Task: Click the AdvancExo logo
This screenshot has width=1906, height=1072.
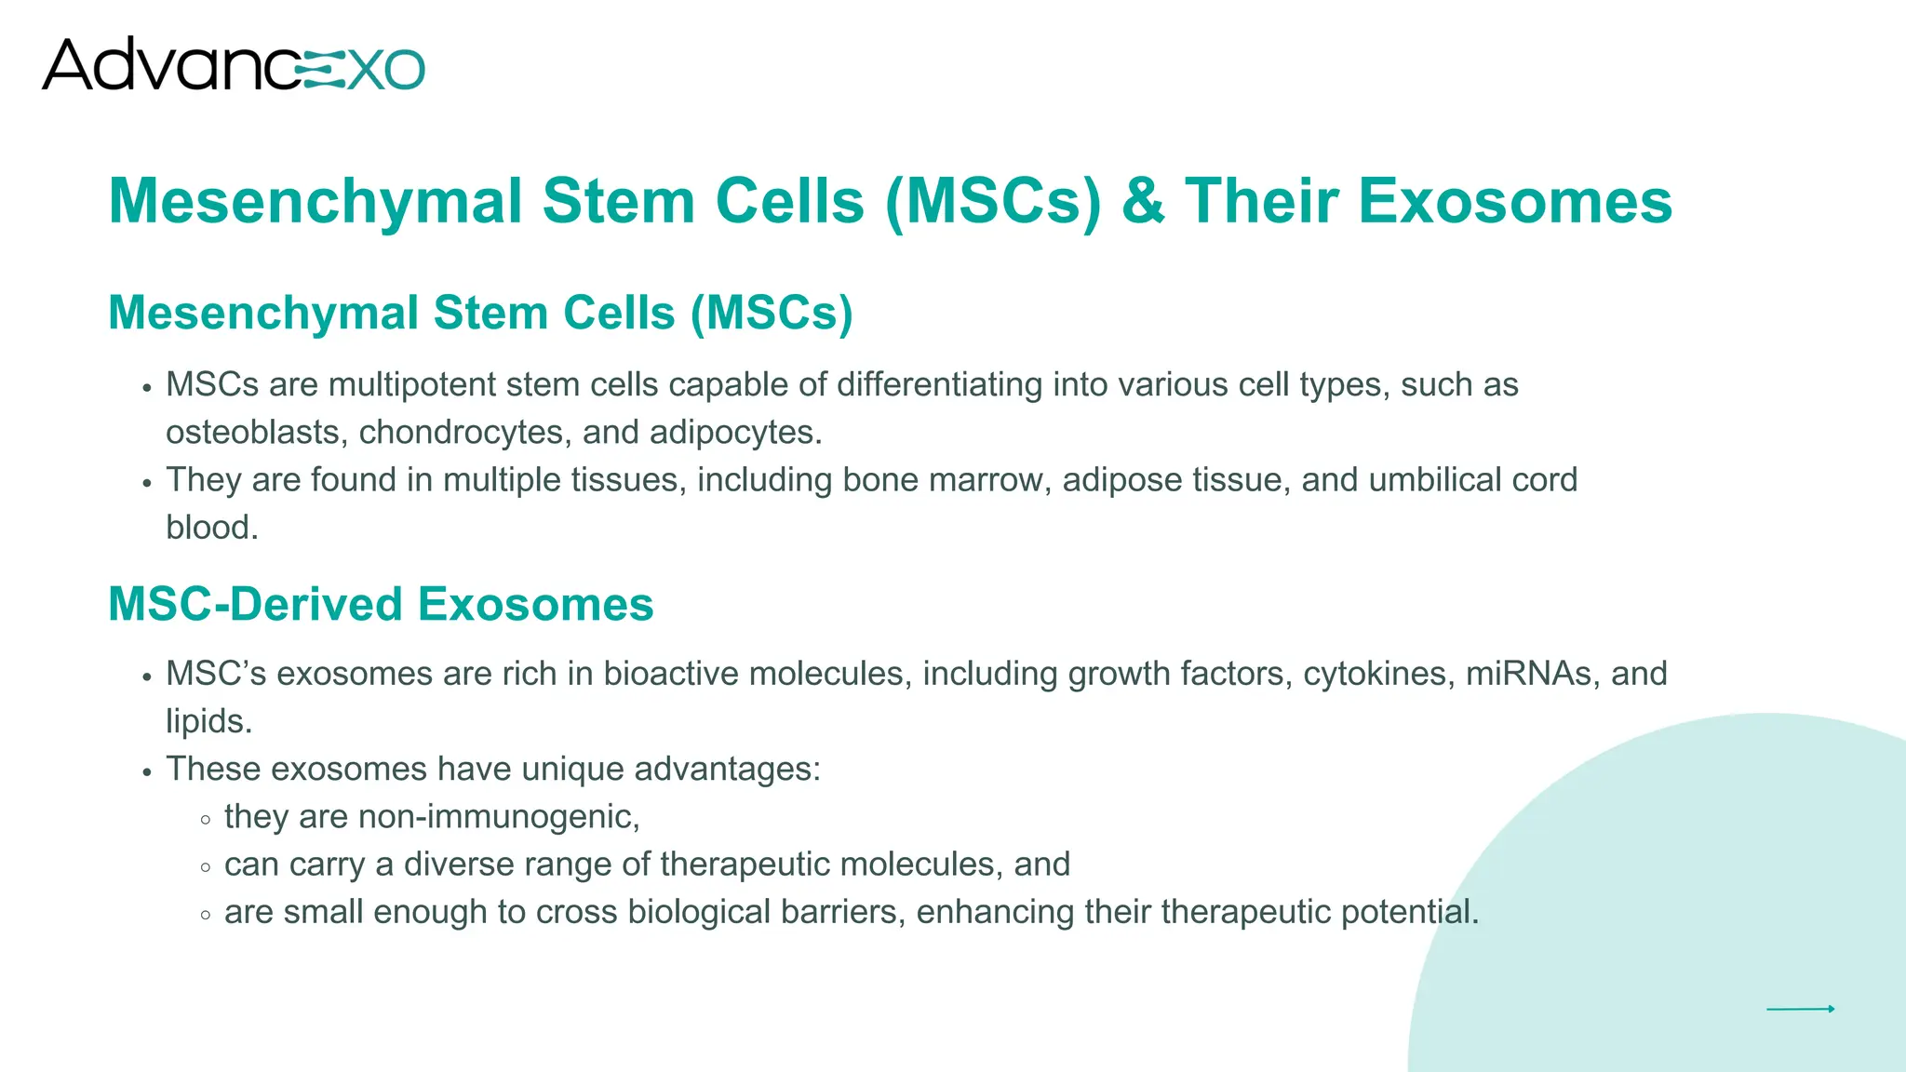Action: coord(233,64)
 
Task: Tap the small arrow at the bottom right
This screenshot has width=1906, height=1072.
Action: coord(1800,1009)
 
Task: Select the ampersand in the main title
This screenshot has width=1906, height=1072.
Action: coord(1143,201)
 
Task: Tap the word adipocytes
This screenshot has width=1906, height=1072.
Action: coord(735,433)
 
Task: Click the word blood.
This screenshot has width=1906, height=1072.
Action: coord(211,528)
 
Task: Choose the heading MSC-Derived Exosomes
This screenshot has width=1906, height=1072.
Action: coord(381,604)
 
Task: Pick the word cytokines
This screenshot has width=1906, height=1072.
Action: coord(1378,674)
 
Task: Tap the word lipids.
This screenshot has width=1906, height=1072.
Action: coord(208,721)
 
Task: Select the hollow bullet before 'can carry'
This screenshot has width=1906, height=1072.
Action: coord(206,867)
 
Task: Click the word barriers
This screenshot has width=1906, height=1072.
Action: coord(842,912)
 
